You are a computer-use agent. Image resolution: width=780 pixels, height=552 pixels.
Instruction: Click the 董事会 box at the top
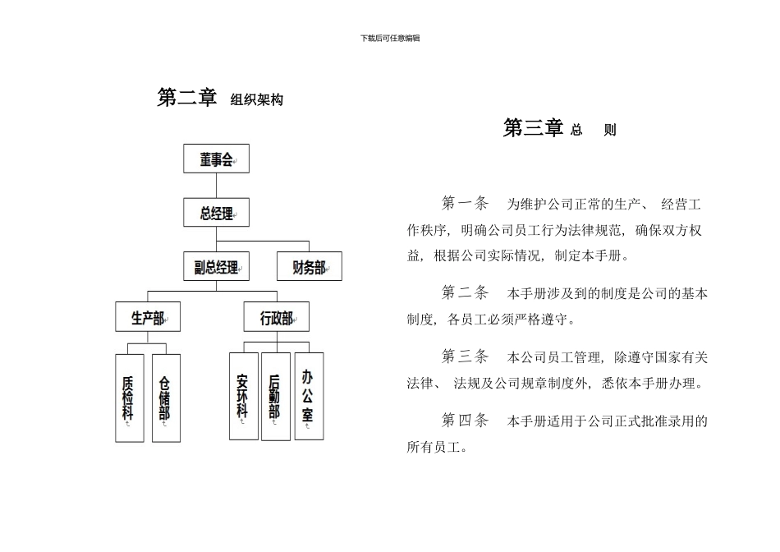[x=216, y=159]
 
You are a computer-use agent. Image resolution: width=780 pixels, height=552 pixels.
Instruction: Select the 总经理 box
[x=216, y=213]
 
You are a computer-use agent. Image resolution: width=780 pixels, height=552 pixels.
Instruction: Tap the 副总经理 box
[x=216, y=266]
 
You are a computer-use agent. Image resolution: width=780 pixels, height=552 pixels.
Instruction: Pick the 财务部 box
[x=309, y=266]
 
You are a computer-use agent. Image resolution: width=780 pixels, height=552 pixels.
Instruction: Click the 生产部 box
[x=148, y=317]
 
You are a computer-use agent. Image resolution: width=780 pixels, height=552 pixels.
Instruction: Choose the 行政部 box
[x=277, y=317]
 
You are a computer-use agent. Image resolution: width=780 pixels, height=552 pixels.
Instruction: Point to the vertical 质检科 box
[x=129, y=398]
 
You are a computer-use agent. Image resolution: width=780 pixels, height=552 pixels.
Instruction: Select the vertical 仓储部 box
[x=166, y=398]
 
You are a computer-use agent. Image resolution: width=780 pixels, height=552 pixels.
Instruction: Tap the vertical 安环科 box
[x=243, y=396]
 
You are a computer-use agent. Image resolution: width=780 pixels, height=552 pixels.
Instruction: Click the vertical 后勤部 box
[x=276, y=396]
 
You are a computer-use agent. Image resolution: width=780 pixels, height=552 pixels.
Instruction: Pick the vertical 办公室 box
[x=309, y=396]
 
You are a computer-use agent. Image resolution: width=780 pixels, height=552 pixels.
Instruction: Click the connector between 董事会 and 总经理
[x=216, y=186]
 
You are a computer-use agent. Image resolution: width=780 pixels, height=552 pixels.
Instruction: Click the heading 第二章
[x=187, y=98]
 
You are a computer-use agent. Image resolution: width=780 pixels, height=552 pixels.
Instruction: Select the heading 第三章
[x=533, y=128]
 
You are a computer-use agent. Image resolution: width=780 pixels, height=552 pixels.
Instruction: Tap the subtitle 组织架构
[x=257, y=100]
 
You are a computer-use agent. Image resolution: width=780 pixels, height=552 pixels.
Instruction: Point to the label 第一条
[x=465, y=203]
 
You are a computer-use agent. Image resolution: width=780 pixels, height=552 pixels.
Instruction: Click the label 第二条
[x=465, y=292]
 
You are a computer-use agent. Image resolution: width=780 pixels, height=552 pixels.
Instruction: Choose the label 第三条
[x=465, y=356]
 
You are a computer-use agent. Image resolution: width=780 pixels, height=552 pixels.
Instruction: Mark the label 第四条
[x=465, y=421]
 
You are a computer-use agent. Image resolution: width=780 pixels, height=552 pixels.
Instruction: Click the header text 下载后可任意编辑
[x=390, y=38]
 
